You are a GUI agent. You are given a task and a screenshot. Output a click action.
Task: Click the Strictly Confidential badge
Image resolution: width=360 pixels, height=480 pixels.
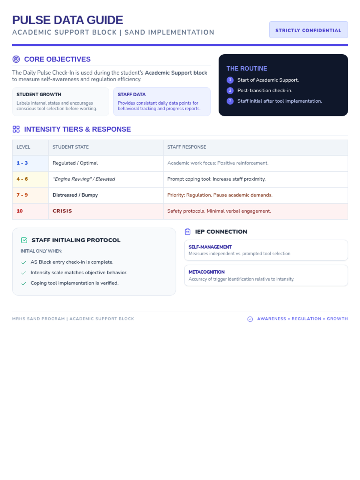[x=308, y=30]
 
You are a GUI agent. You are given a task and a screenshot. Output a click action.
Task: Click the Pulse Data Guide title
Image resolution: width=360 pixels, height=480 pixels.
[x=67, y=20]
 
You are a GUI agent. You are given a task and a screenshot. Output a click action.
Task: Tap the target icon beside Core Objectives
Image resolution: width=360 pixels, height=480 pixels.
[x=16, y=59]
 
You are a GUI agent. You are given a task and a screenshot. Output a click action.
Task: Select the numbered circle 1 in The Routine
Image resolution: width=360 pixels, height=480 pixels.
[x=230, y=80]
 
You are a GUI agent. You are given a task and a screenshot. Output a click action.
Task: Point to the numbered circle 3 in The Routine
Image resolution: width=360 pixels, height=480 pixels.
[x=230, y=101]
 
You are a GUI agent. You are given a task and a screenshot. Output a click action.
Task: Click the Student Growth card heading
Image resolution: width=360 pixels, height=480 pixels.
[x=39, y=94]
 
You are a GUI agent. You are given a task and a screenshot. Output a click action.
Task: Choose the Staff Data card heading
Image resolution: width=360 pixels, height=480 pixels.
[x=132, y=94]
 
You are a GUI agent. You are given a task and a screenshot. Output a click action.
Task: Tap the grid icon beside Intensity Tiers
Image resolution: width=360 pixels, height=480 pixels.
[x=16, y=129]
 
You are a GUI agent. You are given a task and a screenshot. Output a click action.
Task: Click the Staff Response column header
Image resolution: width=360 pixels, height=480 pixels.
[x=187, y=147]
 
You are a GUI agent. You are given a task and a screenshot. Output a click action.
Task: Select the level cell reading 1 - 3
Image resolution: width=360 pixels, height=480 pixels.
[x=22, y=163]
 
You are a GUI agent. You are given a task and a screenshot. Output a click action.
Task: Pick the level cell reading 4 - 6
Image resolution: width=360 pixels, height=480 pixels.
[x=22, y=179]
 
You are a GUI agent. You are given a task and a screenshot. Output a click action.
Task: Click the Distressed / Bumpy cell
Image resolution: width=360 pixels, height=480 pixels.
[x=75, y=195]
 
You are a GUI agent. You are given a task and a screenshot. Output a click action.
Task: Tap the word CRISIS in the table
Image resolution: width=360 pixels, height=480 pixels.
[x=62, y=211]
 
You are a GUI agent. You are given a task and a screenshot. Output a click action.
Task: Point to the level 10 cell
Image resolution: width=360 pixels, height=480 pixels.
[x=20, y=211]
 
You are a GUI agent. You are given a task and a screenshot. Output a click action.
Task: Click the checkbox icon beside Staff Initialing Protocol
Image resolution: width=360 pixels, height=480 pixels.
[x=24, y=240]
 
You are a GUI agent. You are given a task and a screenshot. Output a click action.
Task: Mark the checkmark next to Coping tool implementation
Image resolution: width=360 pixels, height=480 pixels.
[x=24, y=283]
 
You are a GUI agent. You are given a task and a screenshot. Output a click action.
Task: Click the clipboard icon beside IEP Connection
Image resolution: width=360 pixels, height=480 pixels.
[x=188, y=232]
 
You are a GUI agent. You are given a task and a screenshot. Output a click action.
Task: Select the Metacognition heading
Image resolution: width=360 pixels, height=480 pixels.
[x=206, y=272]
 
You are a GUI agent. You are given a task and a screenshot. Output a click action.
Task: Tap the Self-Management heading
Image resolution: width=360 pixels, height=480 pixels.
[x=210, y=247]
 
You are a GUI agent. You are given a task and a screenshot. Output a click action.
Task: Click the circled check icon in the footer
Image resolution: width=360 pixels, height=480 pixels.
[x=250, y=319]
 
